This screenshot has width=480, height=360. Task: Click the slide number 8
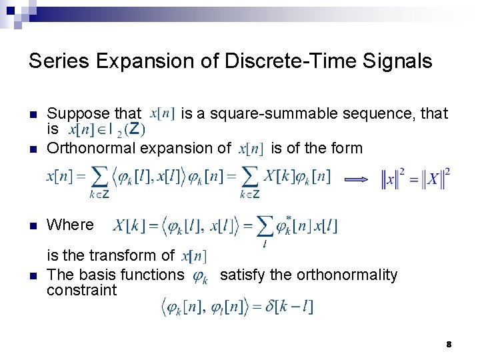pos(449,344)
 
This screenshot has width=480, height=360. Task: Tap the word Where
pos(70,225)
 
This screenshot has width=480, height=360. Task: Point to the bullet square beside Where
pos(33,225)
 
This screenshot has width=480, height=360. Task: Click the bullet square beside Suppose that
pos(33,114)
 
